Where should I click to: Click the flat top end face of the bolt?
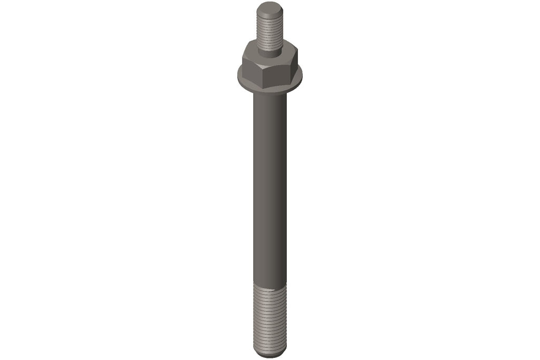point(269,8)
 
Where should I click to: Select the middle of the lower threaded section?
point(269,319)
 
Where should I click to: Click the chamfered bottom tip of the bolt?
point(269,354)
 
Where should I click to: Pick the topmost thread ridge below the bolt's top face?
point(269,17)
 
